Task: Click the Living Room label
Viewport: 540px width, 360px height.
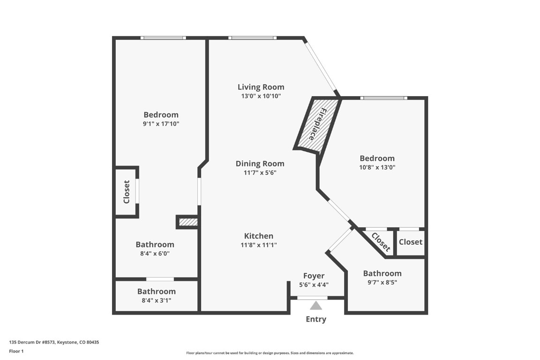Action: [x=261, y=87]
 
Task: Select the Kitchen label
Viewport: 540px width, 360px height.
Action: [x=258, y=236]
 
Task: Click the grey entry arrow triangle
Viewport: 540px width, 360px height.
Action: [x=316, y=306]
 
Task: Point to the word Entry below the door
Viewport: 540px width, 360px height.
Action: [x=315, y=319]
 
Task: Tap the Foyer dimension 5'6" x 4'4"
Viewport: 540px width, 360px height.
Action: [x=314, y=285]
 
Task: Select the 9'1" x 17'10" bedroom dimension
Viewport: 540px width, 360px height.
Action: [x=161, y=124]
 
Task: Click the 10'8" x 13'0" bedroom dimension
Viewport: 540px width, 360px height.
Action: [x=377, y=167]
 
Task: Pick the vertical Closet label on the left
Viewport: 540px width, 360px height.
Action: [x=126, y=192]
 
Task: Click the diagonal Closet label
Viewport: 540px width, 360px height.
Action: [x=380, y=241]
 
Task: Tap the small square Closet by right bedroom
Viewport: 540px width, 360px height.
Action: [x=410, y=242]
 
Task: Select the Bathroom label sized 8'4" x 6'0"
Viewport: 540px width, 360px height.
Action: [x=155, y=244]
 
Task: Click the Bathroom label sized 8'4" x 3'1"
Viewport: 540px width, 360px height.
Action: [x=156, y=291]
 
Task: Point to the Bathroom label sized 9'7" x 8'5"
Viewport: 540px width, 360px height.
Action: [x=382, y=273]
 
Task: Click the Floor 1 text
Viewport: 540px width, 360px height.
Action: [x=16, y=351]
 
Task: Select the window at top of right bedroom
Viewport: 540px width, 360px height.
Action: [x=383, y=97]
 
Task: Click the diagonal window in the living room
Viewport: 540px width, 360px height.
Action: [x=321, y=67]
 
